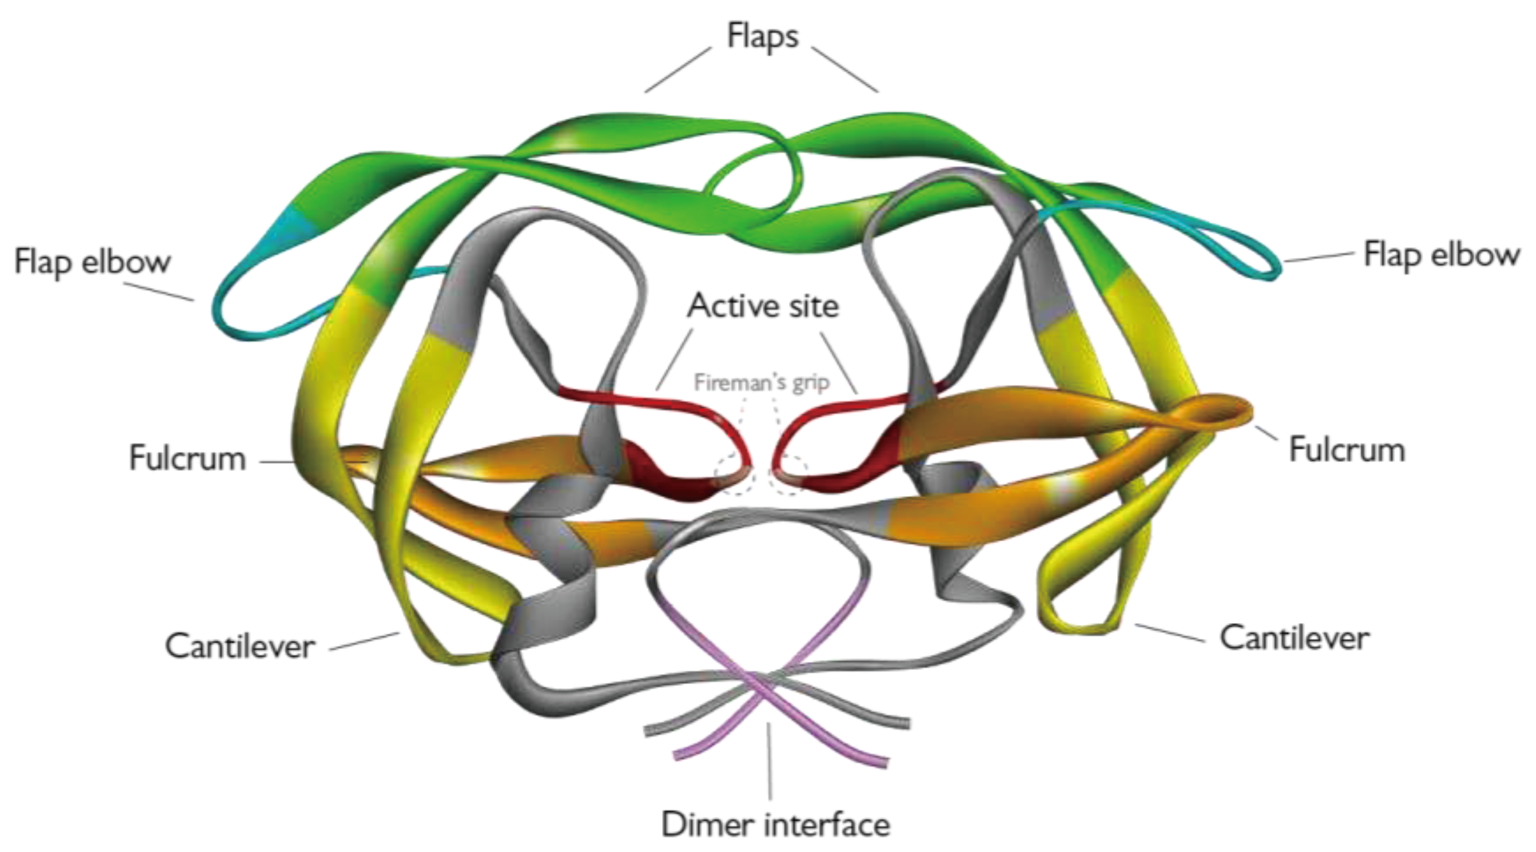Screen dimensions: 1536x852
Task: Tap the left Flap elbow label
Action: click(x=92, y=262)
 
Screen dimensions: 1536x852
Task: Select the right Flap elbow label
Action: click(x=1442, y=255)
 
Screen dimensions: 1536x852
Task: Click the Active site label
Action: click(x=762, y=307)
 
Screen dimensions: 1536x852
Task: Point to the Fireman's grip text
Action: click(x=761, y=382)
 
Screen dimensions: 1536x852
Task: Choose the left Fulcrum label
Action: click(x=187, y=459)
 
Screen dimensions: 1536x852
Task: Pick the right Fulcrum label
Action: click(x=1347, y=450)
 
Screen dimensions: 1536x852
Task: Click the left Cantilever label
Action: click(x=240, y=646)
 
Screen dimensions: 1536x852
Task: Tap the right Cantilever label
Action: click(x=1295, y=638)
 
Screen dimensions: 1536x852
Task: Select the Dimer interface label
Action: click(x=776, y=824)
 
